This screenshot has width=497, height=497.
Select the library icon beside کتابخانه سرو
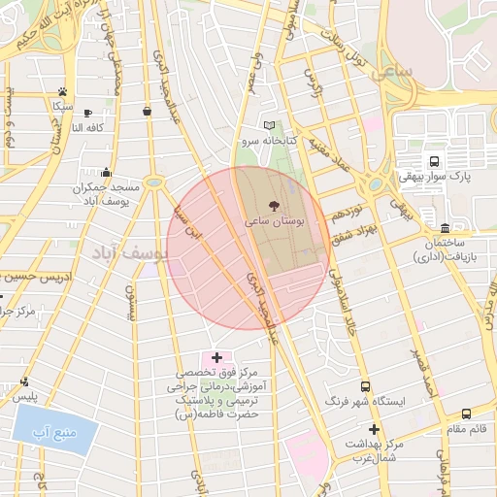[x=270, y=125]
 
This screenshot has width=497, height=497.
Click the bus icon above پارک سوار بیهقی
[x=433, y=161]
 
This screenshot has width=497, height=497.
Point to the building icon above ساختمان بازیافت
[x=445, y=226]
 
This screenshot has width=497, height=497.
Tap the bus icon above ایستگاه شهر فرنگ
[x=365, y=385]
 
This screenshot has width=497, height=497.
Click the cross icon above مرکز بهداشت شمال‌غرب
[x=374, y=429]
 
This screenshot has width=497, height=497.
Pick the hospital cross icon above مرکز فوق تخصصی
[x=216, y=358]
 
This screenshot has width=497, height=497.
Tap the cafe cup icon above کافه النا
[x=88, y=114]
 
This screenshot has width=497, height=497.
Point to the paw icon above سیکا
[x=62, y=90]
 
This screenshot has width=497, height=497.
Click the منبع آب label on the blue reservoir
[x=55, y=429]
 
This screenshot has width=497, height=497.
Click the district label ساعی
[x=398, y=73]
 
